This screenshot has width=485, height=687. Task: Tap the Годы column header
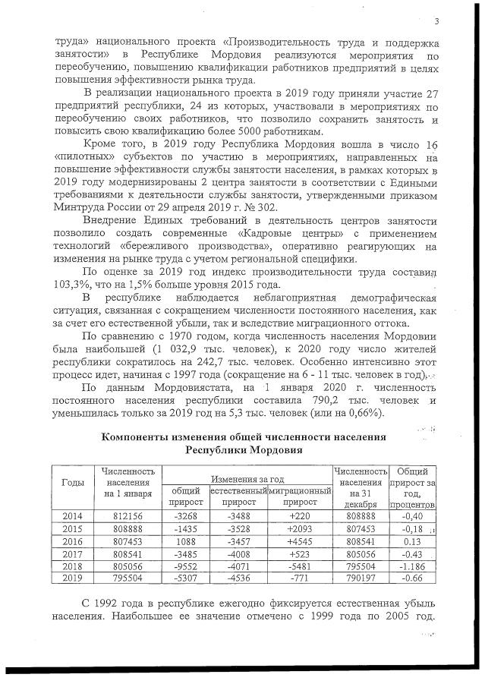coord(72,484)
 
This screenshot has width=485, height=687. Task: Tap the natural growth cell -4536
coord(238,578)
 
